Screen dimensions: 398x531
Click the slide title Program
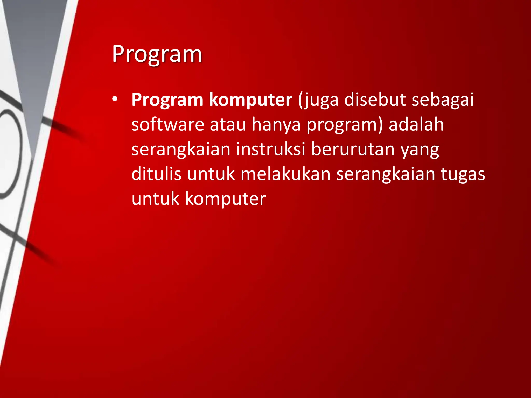[157, 54]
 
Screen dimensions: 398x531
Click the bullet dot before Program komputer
[115, 99]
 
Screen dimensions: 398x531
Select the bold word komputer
[250, 100]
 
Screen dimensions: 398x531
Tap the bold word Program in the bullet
[167, 100]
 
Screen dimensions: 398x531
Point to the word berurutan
[353, 149]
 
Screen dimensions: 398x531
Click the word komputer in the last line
[226, 199]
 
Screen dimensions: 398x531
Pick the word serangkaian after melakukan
[386, 174]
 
